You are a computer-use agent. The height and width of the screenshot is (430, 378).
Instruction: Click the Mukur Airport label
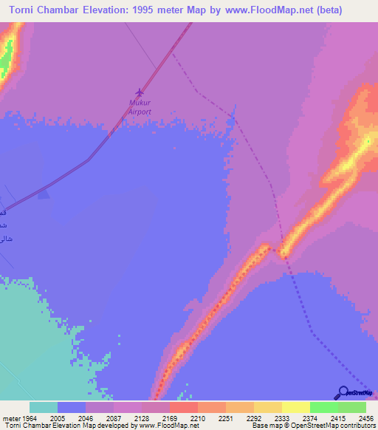click(140, 107)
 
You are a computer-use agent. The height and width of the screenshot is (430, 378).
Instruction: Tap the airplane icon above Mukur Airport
click(140, 92)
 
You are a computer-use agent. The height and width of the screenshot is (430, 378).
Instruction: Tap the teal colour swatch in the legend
click(44, 407)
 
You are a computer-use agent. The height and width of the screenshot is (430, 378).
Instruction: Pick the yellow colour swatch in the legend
click(295, 407)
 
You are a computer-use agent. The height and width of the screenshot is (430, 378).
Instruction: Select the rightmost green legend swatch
click(351, 407)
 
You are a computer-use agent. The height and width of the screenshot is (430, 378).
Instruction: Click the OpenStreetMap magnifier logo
click(342, 392)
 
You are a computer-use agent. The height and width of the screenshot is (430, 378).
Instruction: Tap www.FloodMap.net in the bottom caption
click(168, 426)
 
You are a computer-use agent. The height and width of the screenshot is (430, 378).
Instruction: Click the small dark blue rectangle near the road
click(44, 193)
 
